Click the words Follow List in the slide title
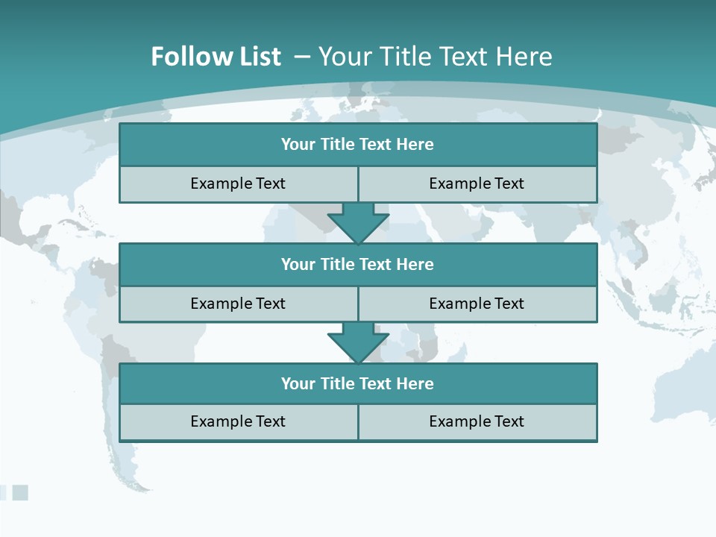click(x=216, y=57)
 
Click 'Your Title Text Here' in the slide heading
click(x=435, y=57)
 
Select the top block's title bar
click(x=358, y=145)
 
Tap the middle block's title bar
click(x=358, y=265)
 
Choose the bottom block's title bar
click(x=358, y=384)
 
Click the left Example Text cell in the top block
click(x=238, y=184)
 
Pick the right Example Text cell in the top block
click(x=477, y=184)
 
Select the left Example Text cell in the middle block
click(x=238, y=304)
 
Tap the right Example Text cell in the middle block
click(x=477, y=304)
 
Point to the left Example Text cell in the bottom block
click(x=238, y=422)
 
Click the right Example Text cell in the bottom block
click(x=477, y=422)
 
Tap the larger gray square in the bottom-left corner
click(x=20, y=492)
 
